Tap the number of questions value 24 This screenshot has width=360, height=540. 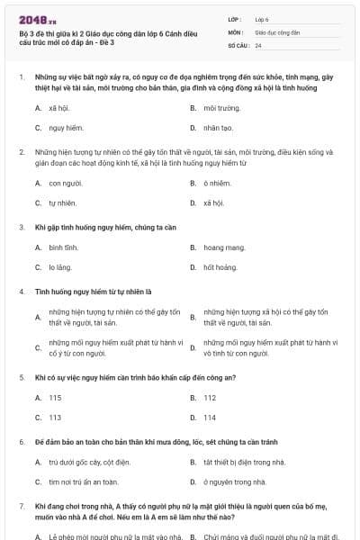click(x=258, y=45)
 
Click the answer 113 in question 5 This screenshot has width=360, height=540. click(x=55, y=418)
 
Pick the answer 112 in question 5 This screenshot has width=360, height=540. click(x=210, y=397)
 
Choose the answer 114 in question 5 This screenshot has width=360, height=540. click(x=210, y=418)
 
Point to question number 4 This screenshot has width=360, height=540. click(x=22, y=291)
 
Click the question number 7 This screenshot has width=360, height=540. click(x=22, y=507)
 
